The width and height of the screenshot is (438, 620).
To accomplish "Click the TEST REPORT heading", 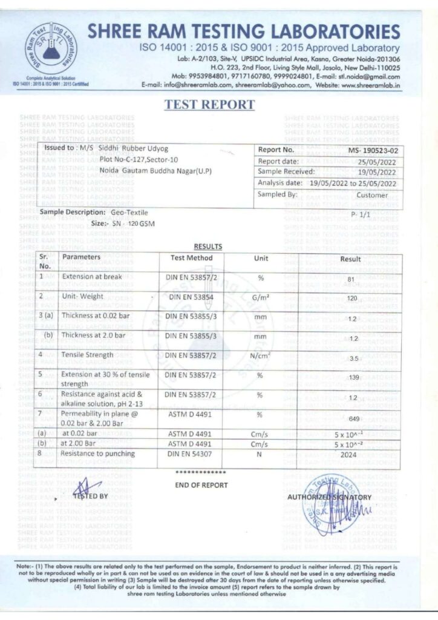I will click(209, 105).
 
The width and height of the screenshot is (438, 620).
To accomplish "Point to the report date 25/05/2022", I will click(376, 161).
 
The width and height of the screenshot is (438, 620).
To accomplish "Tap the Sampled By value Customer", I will click(376, 195).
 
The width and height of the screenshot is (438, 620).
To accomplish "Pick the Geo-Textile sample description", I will click(129, 213).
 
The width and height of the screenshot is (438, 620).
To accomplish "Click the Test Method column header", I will click(191, 258).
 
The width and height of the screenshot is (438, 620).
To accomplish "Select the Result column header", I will click(350, 259).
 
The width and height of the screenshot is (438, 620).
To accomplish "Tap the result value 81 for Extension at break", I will click(350, 279).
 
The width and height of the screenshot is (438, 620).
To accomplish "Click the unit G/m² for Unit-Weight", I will click(261, 297).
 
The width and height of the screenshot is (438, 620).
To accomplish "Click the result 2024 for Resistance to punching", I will click(350, 454).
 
